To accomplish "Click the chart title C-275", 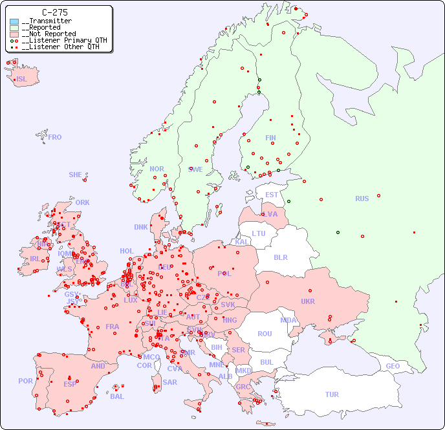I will coord(54,12).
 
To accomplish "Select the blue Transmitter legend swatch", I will coord(14,21).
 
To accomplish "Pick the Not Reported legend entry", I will coord(49,34).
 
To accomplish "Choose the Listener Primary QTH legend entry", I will coord(60,40).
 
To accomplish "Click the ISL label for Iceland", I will coord(22,80).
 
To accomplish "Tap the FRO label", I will coord(55,137).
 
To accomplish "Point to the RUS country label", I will coord(362,199).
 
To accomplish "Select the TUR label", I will coord(332,394).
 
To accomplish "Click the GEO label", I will coord(393,366).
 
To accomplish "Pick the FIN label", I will coord(270,138).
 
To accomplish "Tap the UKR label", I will coord(308,301).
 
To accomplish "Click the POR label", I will coord(25,381).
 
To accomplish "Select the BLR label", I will coord(281,257).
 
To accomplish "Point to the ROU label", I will coord(265,334).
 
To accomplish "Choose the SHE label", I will coord(76,175).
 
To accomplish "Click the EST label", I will coord(272,195).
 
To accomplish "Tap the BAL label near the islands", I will coord(117,396).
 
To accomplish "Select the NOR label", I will coord(157,169).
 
